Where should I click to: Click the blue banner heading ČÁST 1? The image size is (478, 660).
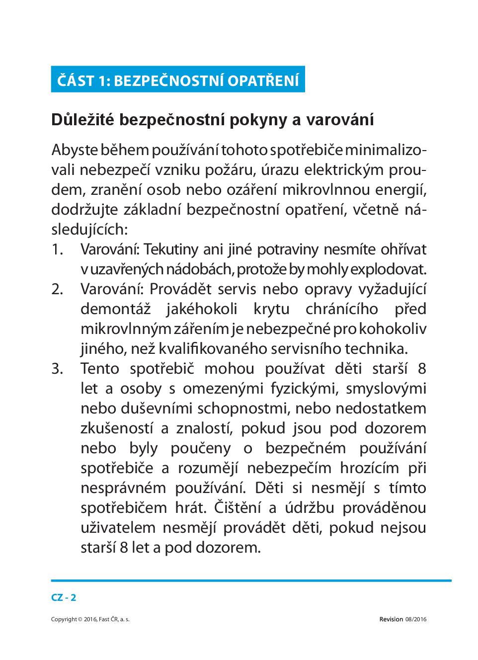point(177,80)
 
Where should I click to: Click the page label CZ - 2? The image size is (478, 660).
point(63,597)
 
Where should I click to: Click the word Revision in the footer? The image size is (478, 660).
point(391,619)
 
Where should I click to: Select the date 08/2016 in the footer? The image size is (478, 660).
point(416,619)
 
